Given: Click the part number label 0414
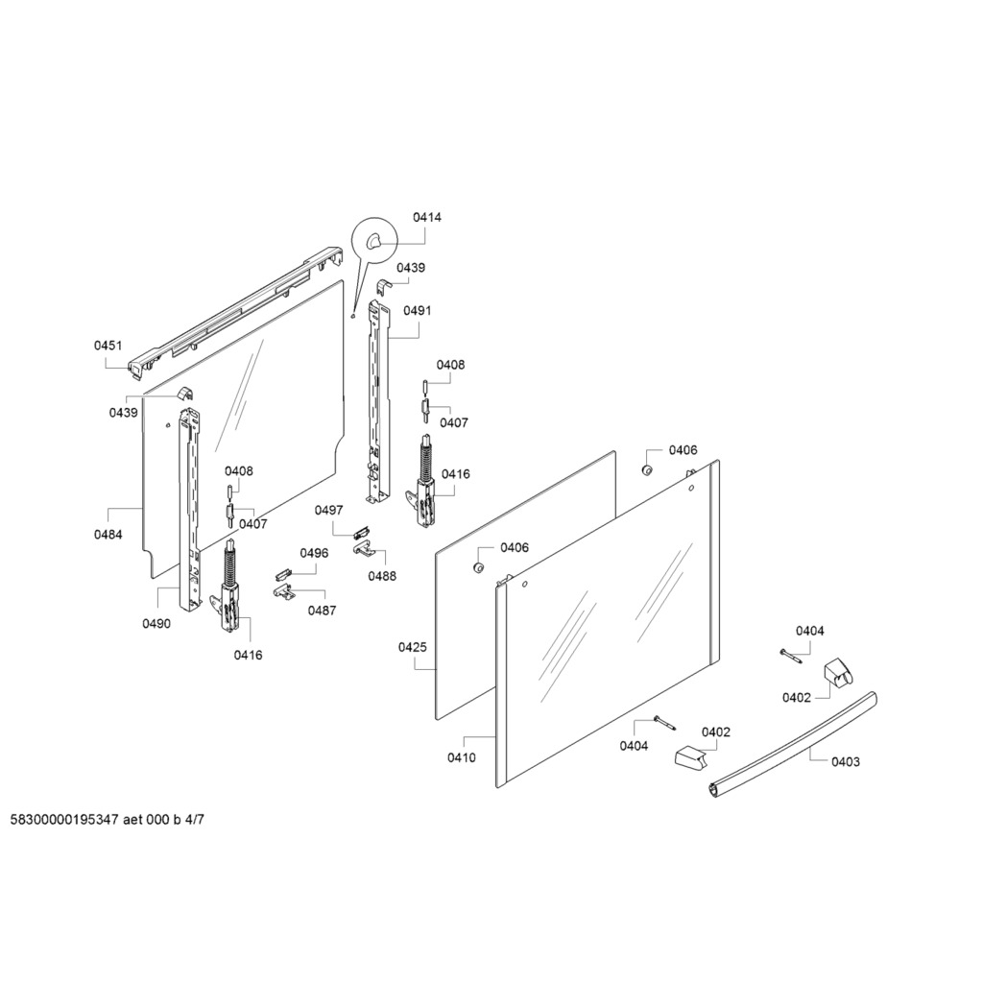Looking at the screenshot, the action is pos(426,218).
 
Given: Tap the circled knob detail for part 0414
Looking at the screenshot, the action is pos(374,240).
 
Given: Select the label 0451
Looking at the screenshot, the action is pos(108,346).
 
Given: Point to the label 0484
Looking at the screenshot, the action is pos(108,535).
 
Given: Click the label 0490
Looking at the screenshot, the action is pos(156,624).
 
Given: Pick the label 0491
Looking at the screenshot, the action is pos(417,311).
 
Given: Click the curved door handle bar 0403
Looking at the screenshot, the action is pos(792,745).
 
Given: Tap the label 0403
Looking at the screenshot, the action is pos(846,762).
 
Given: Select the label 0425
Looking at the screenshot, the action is pos(413,648).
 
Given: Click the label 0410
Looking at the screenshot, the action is pos(462,758).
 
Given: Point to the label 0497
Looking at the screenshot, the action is pos(329,511).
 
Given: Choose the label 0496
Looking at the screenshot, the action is pos(314,553).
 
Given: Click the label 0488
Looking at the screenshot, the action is pos(382,576).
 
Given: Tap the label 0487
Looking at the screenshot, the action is pos(322,611).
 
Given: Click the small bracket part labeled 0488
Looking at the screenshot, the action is pos(363,549).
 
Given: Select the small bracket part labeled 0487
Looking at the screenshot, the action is pos(284,590).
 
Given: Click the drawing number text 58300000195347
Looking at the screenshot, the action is pos(64,820).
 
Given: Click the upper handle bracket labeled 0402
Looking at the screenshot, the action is pos(838,673).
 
